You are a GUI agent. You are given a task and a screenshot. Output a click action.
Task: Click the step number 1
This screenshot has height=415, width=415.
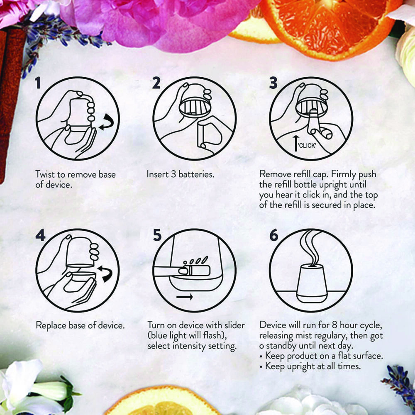coord(38,83)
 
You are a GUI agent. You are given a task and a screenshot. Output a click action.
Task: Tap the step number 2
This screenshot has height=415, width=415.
coord(156,83)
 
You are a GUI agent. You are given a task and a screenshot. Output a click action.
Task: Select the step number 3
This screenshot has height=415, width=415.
coord(273,83)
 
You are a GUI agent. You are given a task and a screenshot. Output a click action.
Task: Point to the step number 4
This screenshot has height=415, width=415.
coord(40,235)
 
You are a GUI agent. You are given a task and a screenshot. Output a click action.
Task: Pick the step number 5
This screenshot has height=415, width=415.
coord(157,235)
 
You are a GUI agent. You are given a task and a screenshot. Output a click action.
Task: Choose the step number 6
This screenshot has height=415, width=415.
coord(274,235)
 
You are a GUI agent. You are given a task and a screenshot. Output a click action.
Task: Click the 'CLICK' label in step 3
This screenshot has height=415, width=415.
coord(308,146)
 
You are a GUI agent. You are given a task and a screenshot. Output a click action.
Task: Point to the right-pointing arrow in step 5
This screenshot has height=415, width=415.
coord(184,297)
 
